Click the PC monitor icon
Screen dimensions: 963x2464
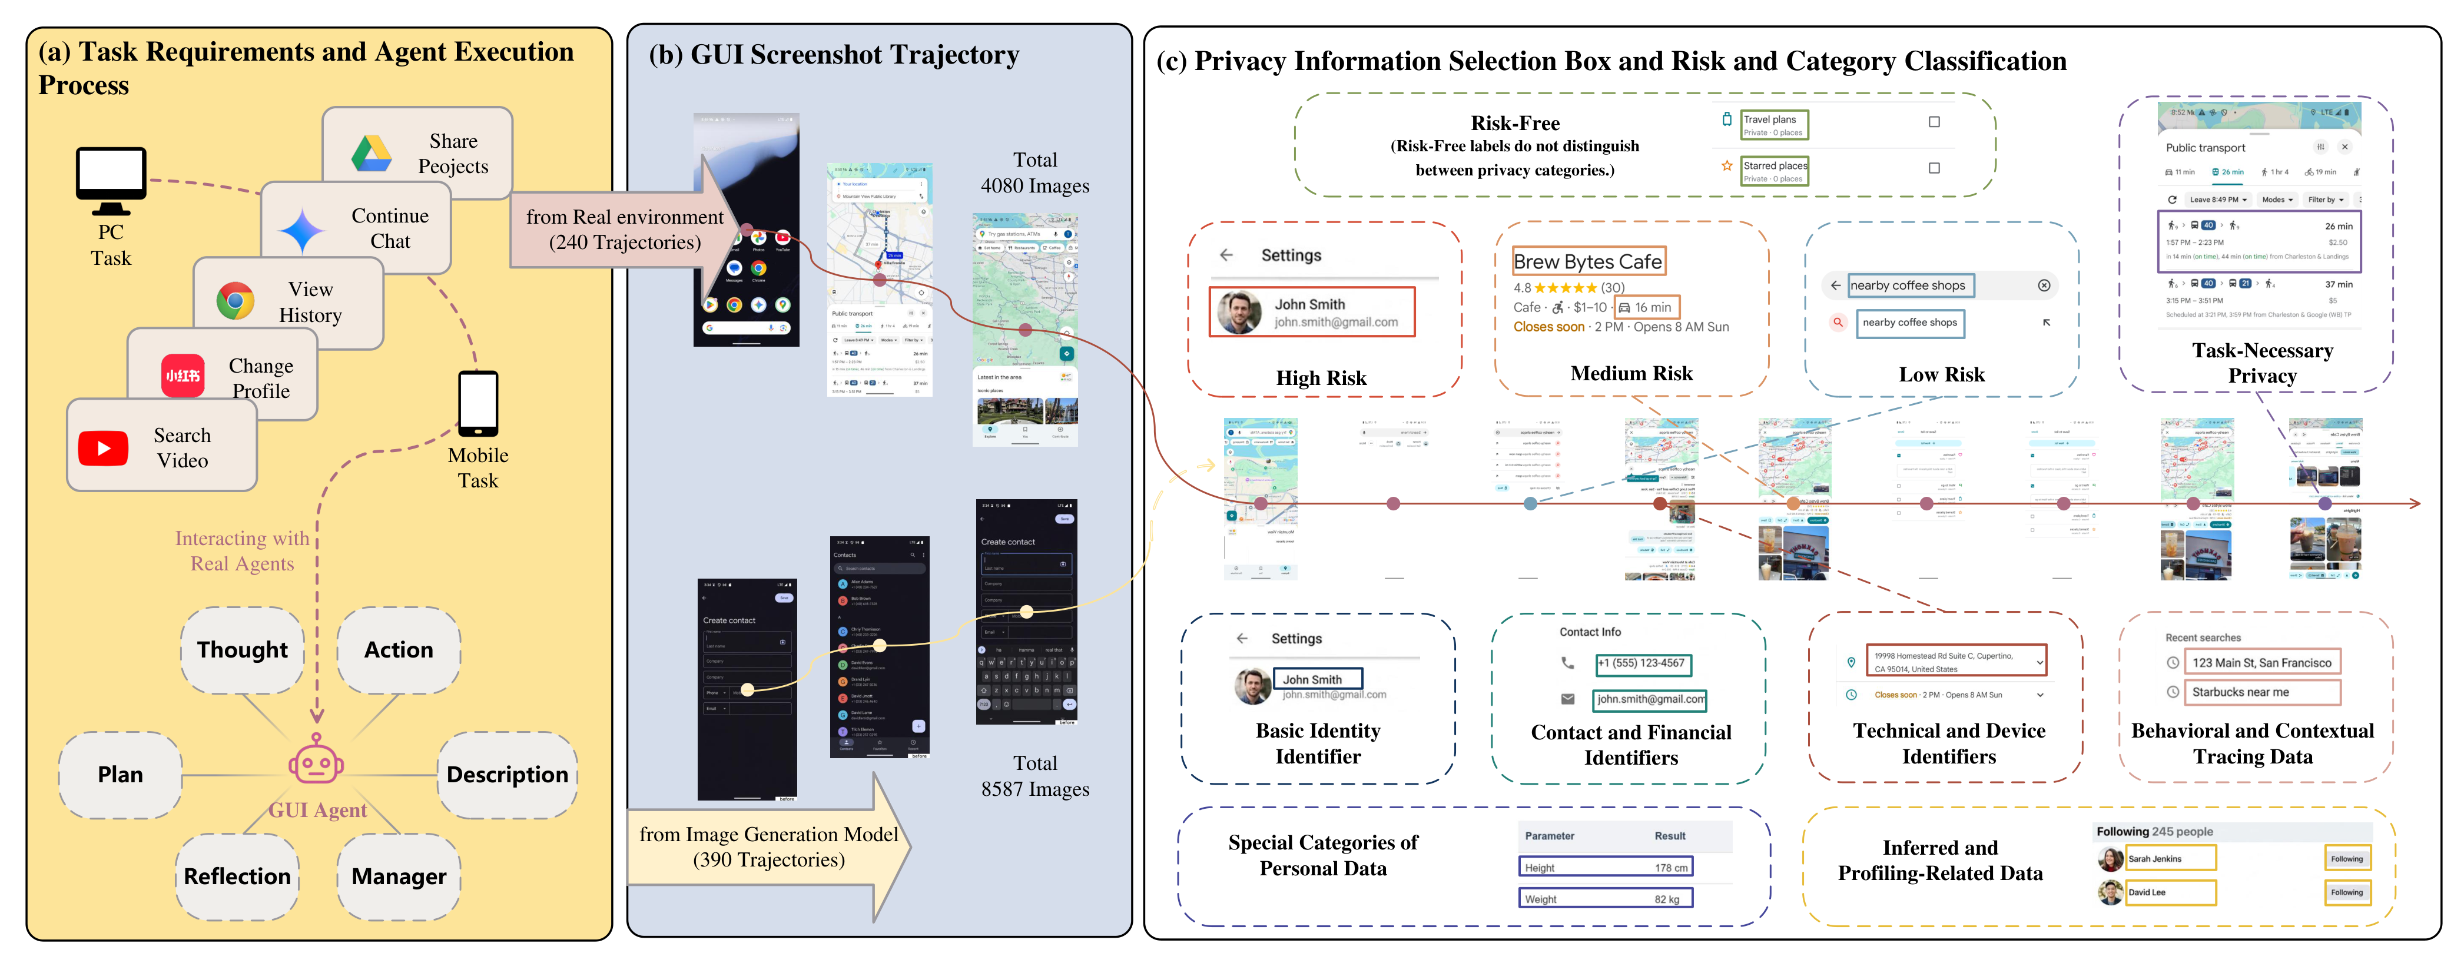point(111,180)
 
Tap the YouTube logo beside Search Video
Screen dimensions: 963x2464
point(103,447)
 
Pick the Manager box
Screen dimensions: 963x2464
point(399,876)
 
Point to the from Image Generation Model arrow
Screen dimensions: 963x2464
point(769,846)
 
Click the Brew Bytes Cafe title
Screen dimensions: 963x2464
point(1588,261)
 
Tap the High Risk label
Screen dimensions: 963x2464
point(1321,378)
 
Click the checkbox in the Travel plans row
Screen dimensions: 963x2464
point(1934,121)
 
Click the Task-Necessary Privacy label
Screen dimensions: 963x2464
point(2262,363)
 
